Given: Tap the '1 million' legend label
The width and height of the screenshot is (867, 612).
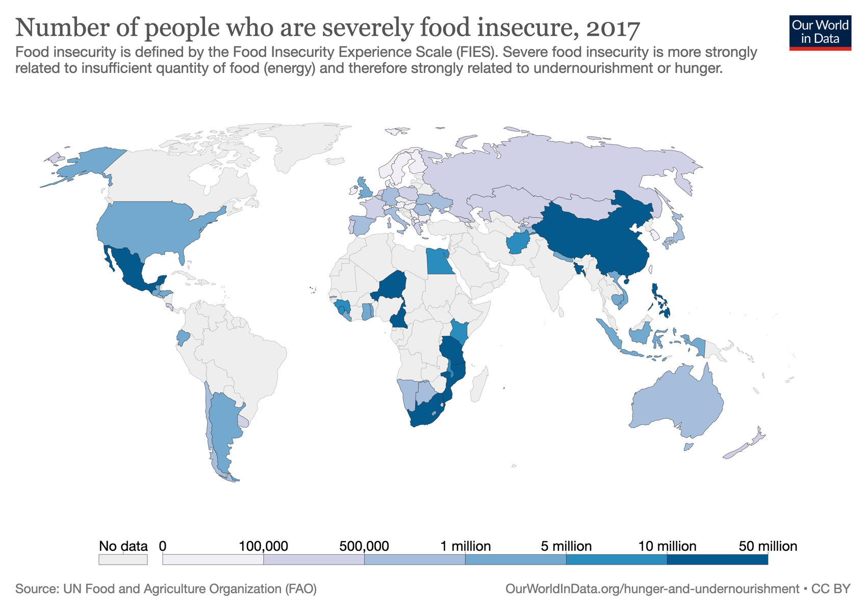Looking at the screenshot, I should click(x=465, y=546).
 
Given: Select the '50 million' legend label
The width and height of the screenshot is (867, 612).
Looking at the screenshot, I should click(x=768, y=546).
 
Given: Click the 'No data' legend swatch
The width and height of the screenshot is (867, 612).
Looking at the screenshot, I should click(x=123, y=559).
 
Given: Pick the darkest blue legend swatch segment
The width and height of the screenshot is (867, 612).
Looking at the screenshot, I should click(x=717, y=559).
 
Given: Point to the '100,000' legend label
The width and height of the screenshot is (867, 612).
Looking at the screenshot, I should click(x=263, y=546).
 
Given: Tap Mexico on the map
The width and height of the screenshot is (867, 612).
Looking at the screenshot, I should click(x=130, y=270).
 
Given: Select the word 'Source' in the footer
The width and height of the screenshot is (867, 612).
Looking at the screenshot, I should click(x=35, y=589).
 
